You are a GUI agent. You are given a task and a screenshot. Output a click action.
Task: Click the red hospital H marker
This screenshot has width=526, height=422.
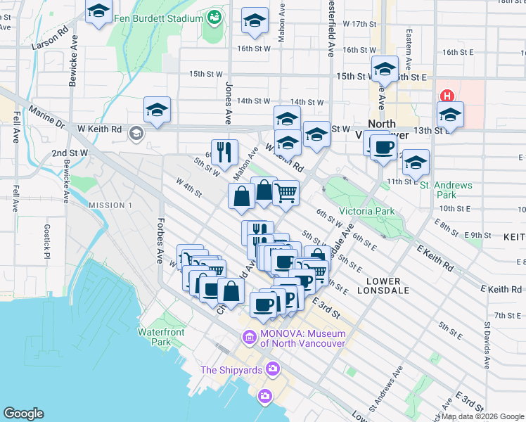click(x=446, y=96)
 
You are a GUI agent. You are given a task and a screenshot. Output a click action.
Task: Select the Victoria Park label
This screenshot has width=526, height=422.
click(x=366, y=211)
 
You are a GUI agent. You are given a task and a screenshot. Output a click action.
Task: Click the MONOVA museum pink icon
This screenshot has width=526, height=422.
click(x=249, y=338)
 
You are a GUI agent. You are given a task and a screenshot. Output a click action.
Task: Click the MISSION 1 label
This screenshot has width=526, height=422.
click(x=110, y=205)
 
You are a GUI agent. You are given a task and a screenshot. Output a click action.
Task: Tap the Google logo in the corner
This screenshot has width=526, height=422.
click(x=24, y=414)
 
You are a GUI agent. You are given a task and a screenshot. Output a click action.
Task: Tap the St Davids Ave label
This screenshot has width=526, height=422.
click(x=487, y=345)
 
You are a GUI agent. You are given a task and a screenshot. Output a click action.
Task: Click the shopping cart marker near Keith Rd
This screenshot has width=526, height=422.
click(x=286, y=191)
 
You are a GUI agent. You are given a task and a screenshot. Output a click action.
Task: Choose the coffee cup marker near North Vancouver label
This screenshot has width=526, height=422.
click(x=384, y=148)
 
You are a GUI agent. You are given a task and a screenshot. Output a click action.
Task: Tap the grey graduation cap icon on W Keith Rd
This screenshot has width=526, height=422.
click(x=136, y=133)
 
